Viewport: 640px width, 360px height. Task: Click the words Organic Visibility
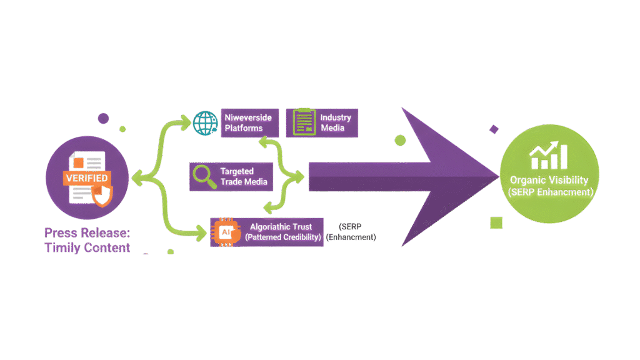[549, 180]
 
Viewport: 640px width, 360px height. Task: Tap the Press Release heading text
[87, 233]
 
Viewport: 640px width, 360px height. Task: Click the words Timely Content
[87, 247]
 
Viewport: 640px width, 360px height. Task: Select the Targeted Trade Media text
[244, 176]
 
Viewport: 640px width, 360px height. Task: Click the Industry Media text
[336, 122]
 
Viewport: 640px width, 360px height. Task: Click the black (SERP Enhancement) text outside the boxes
[356, 232]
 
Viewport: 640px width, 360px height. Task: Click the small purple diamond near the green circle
[494, 129]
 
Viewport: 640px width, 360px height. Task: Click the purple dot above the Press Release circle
[103, 117]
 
